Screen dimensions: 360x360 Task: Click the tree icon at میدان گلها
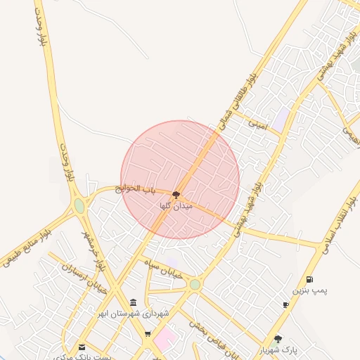(x=176, y=194)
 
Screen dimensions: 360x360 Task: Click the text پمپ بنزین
(x=310, y=290)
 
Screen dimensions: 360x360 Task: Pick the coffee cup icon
(x=285, y=304)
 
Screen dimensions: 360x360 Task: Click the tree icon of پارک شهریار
(x=278, y=338)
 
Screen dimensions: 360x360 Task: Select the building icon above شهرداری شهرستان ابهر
(x=134, y=302)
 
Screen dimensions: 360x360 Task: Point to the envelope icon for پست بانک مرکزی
(x=82, y=347)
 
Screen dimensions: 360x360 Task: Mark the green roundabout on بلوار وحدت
(x=79, y=206)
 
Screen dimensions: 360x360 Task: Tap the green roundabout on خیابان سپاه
(x=195, y=284)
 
